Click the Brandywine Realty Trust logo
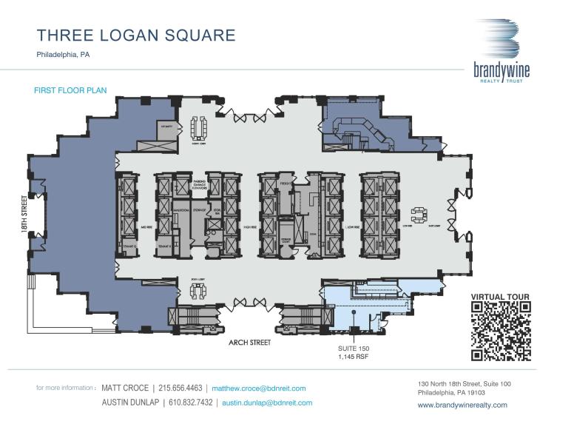tap(502, 50)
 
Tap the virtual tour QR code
tap(502, 332)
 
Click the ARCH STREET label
tap(249, 343)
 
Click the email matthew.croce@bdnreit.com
tap(259, 388)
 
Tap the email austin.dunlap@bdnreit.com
tap(267, 403)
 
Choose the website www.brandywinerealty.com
tap(462, 405)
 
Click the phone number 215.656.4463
tap(182, 388)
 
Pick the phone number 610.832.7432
tap(191, 403)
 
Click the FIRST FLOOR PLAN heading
tap(70, 90)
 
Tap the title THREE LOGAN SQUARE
tap(136, 36)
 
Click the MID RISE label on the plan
tap(146, 226)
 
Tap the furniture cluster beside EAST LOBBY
tap(419, 215)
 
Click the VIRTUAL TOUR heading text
tap(501, 297)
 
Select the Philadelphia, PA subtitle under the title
tap(63, 55)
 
